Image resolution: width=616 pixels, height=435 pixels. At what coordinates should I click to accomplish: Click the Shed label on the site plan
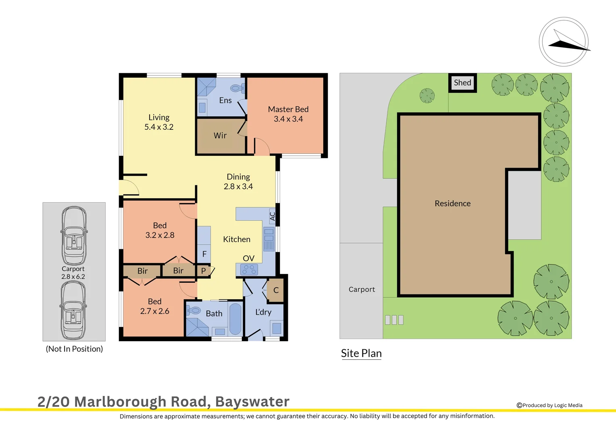coord(462,83)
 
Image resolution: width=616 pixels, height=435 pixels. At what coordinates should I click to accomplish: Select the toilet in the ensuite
coord(237,88)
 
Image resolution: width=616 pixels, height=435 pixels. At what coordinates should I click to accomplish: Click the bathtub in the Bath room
coord(235,319)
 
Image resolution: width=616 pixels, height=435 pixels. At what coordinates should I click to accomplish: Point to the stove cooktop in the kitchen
coord(249,269)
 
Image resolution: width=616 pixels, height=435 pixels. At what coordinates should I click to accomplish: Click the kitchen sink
coord(269,239)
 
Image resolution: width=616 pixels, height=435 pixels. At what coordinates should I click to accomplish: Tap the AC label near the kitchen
coord(273,216)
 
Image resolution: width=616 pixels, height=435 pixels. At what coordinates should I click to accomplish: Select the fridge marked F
coord(204,254)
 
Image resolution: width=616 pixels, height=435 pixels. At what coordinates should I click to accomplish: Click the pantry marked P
coord(204,271)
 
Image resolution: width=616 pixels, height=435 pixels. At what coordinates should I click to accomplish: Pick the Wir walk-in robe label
coord(220,136)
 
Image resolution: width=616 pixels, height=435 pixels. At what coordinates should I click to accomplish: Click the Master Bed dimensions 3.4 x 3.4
coord(288,119)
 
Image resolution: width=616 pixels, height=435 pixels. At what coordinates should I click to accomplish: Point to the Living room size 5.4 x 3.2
coord(159,127)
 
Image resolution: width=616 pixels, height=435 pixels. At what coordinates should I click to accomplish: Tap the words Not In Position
coord(74,349)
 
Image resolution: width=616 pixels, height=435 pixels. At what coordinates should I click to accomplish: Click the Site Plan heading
coord(361,353)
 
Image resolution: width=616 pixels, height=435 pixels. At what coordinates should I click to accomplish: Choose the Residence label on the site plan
coord(452,203)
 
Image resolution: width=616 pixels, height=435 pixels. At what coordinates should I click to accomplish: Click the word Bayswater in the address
coord(252,402)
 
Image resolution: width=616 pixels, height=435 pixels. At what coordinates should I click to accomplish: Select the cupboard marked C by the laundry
coord(276,290)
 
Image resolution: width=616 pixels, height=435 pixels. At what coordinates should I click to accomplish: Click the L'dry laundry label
coord(263,312)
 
